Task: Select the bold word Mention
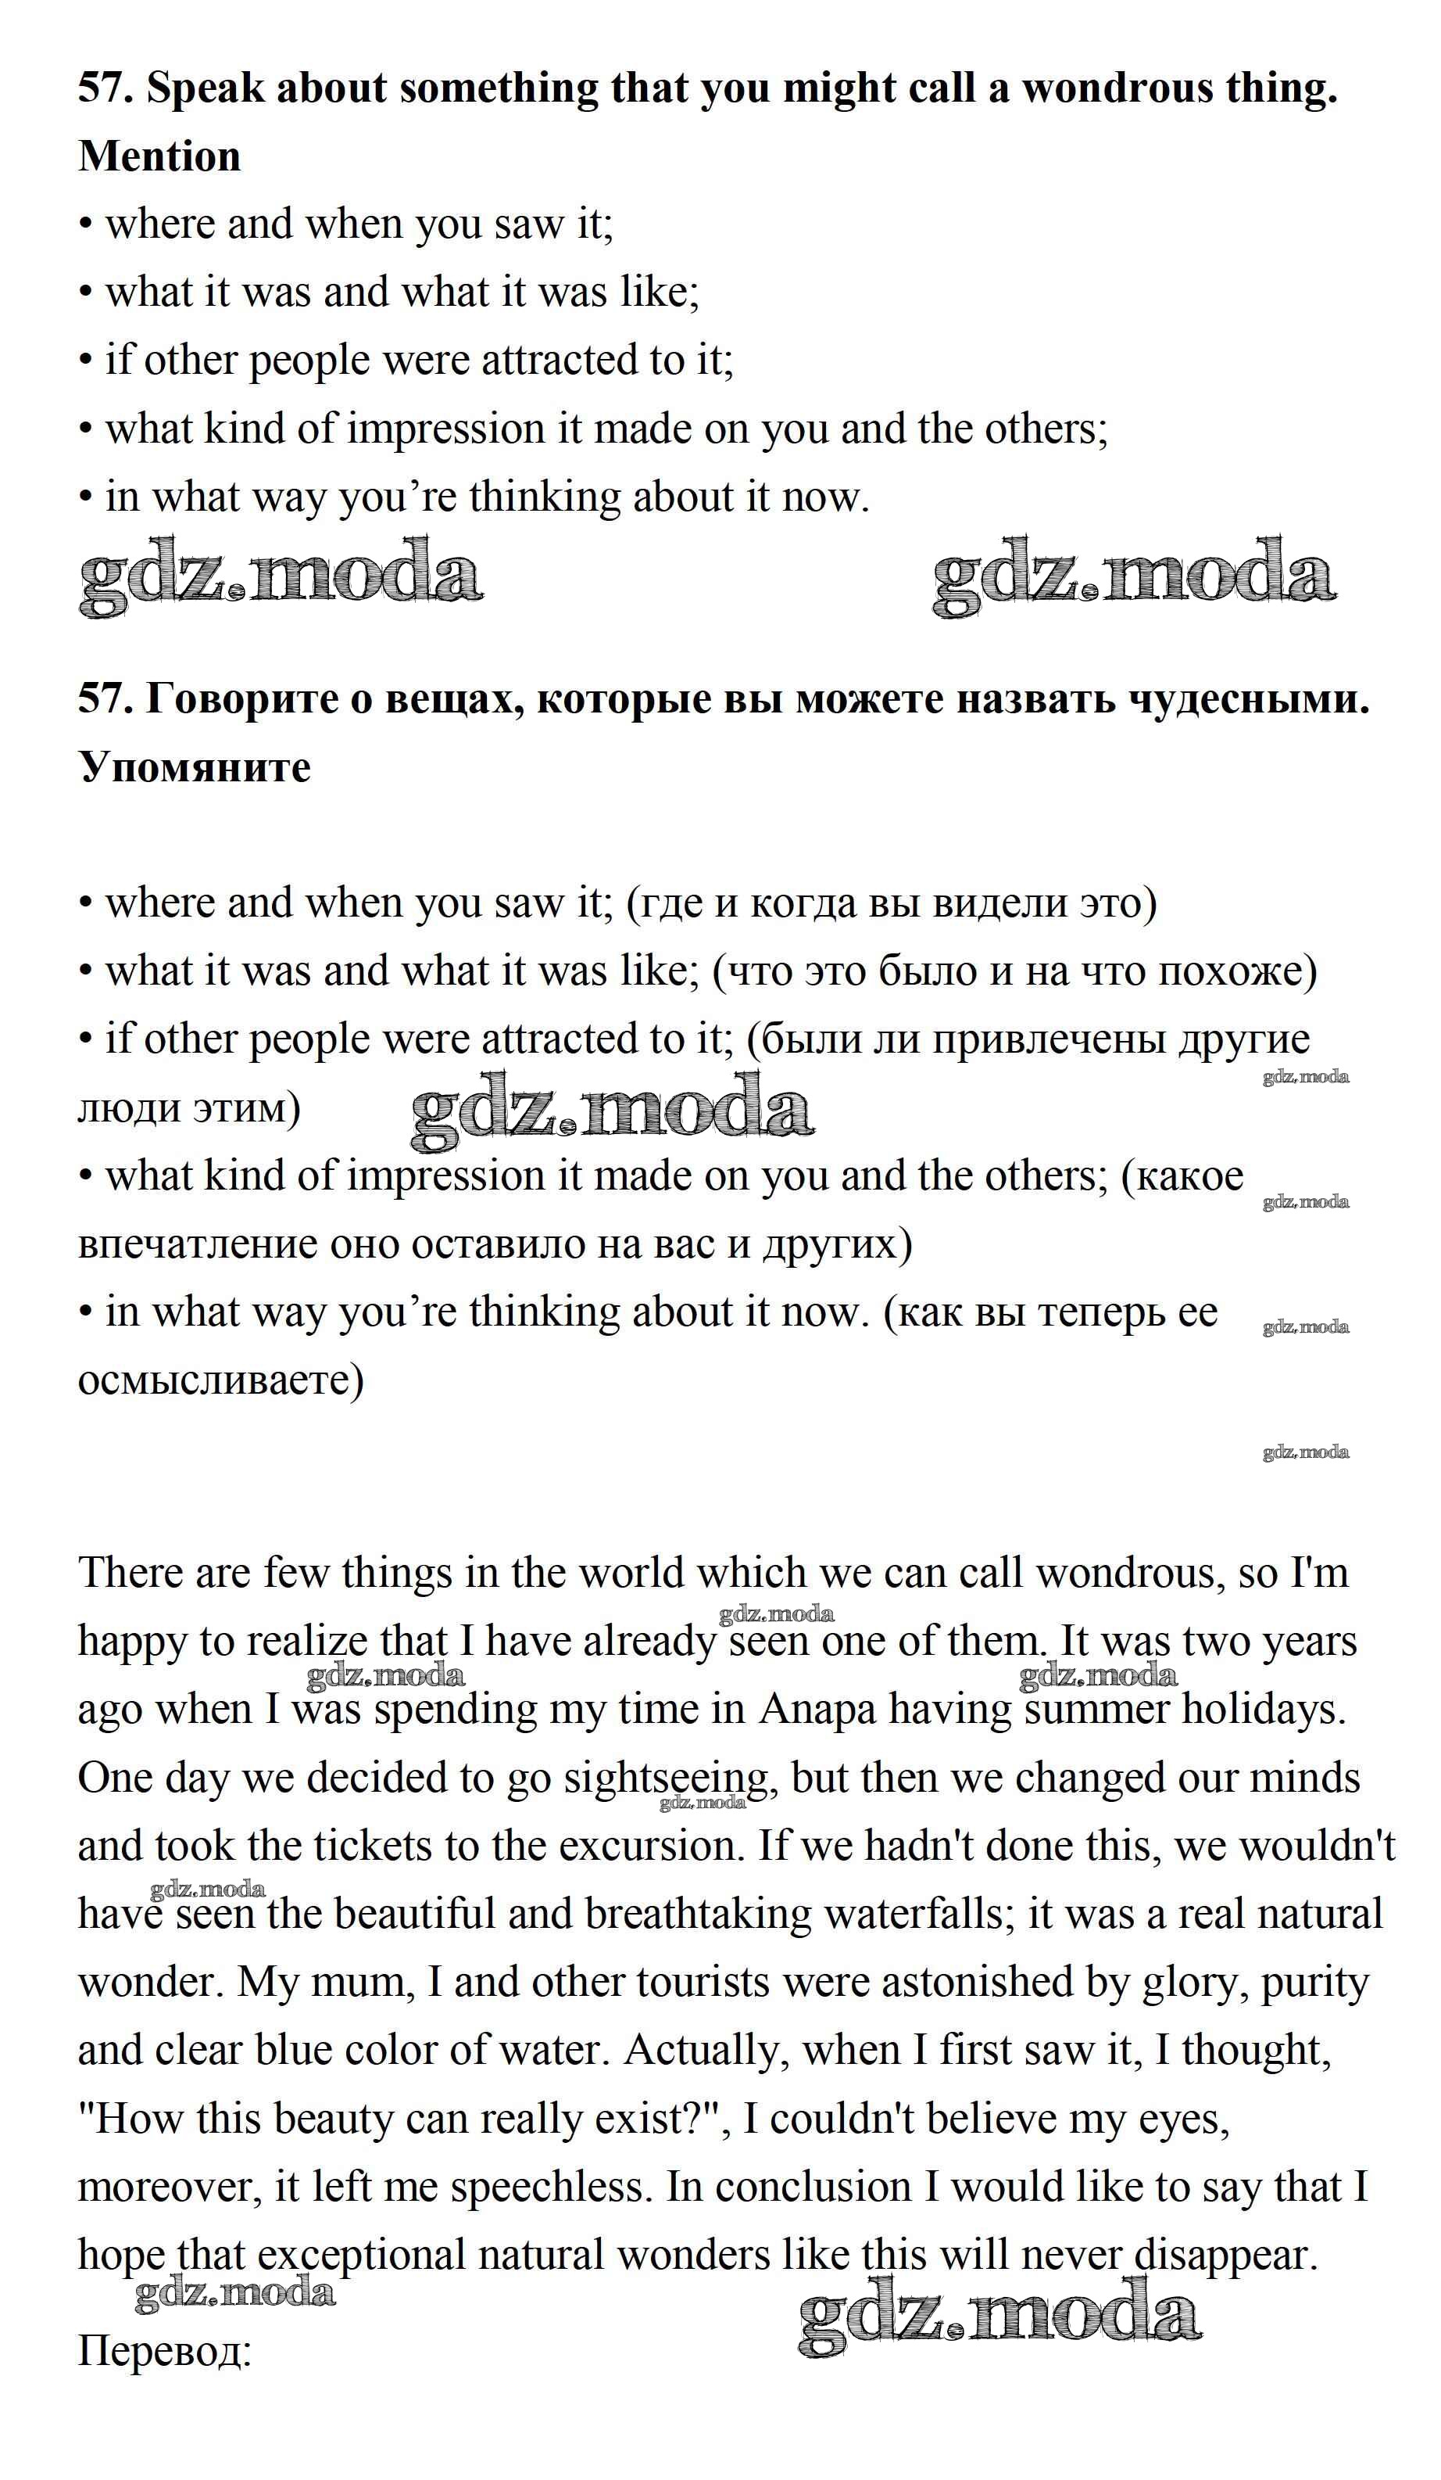tap(159, 157)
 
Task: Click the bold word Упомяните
tap(194, 768)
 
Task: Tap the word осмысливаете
tap(220, 1380)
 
